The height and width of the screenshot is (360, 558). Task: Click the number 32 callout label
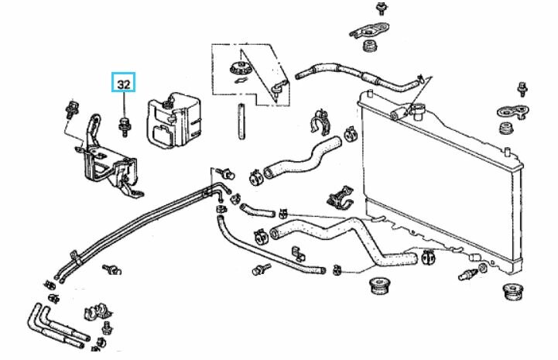click(x=124, y=81)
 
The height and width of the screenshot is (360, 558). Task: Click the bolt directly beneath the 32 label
click(x=124, y=123)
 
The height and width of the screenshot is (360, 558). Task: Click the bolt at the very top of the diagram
click(x=381, y=9)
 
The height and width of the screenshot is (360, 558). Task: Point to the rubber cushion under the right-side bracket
click(x=508, y=126)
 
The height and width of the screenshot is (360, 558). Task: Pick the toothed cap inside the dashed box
click(x=240, y=67)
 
